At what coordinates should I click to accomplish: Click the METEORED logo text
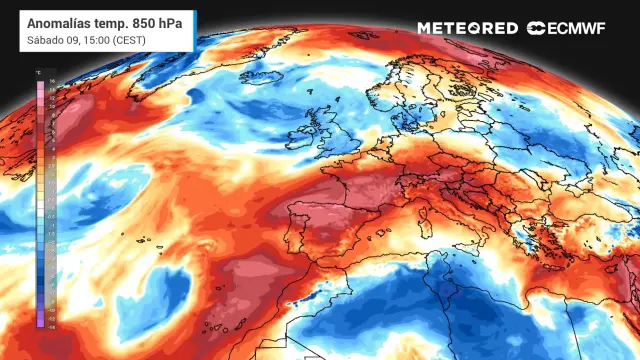467,28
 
